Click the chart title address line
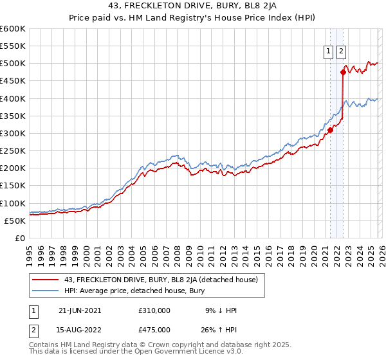coord(193,6)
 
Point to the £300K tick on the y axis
coord(13,133)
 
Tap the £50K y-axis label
coord(15,221)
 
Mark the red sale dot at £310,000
coord(330,130)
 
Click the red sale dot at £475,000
coord(343,73)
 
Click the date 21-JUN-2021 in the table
coord(80,310)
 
